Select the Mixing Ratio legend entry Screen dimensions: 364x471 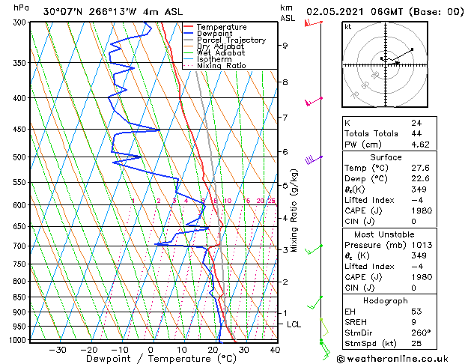tap(221, 66)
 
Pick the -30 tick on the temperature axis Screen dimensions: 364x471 tap(57, 349)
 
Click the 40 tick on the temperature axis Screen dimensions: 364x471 tap(275, 349)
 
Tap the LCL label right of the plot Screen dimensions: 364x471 tap(294, 324)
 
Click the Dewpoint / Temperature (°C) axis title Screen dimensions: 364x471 tap(150, 359)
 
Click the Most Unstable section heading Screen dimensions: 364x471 tap(385, 233)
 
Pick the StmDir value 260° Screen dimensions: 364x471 tap(421, 332)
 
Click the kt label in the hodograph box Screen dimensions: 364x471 tap(347, 27)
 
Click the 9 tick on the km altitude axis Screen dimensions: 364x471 tap(285, 45)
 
